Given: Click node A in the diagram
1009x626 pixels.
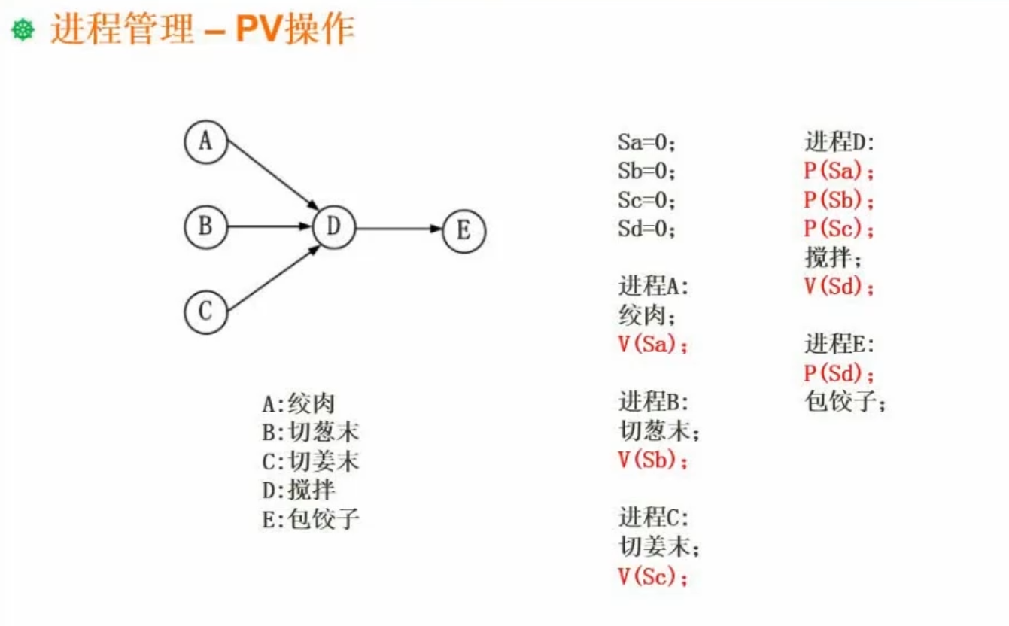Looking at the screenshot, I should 205,142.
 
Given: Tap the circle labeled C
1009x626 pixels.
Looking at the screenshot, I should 205,311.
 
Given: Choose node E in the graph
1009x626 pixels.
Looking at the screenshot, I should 464,230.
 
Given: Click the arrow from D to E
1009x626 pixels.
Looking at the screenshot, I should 399,227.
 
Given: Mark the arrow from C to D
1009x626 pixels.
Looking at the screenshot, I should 271,278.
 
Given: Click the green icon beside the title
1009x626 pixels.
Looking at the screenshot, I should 23,32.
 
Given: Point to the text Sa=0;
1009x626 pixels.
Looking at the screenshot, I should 646,142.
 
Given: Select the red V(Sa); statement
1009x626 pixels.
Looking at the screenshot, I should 652,345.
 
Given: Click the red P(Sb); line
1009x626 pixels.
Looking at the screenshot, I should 839,201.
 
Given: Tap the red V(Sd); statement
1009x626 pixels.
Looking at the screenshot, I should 839,287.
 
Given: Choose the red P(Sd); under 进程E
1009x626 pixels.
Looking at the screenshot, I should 839,374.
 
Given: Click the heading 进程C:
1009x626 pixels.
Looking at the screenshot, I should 653,518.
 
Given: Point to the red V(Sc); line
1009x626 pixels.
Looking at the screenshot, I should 652,577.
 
